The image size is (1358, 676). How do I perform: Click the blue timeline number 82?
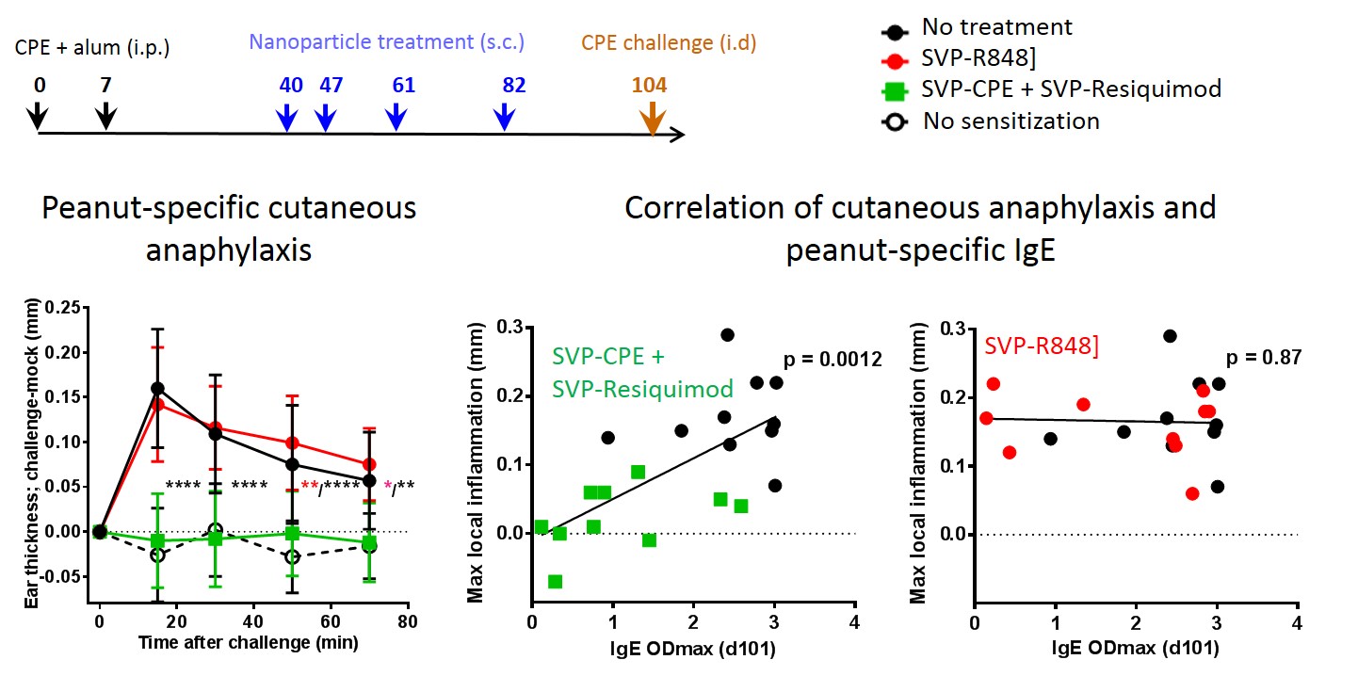513,85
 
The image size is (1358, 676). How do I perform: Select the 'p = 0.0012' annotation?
833,359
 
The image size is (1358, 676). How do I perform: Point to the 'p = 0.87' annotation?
1263,358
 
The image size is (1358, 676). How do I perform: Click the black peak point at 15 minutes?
157,388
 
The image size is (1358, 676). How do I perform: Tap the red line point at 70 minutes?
369,464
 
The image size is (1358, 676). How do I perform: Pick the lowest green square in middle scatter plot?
556,581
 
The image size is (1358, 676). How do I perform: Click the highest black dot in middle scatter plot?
727,334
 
